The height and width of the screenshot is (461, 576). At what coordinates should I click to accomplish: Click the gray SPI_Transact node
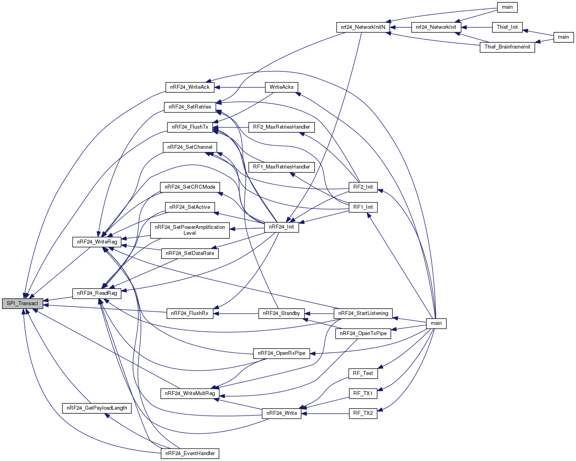(22, 304)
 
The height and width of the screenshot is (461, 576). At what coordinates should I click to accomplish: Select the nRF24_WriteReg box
(97, 242)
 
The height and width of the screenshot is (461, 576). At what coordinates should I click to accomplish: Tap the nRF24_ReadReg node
(97, 293)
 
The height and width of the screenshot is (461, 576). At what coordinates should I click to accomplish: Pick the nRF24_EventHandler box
(190, 454)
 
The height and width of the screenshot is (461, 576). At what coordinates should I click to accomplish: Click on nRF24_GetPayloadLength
(97, 408)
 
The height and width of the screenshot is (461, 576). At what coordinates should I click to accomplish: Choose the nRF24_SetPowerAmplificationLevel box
(189, 230)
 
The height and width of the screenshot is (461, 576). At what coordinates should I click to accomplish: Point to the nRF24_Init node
(281, 227)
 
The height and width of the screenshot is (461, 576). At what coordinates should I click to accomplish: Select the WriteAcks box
(281, 87)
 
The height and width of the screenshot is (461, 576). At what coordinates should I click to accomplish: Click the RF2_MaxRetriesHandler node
(281, 127)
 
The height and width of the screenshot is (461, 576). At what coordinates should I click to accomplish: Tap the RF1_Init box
(363, 207)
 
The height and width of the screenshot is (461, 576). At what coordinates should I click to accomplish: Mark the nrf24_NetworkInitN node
(363, 27)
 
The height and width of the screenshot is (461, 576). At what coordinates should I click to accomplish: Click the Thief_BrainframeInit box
(507, 47)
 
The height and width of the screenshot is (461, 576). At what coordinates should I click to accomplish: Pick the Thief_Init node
(507, 27)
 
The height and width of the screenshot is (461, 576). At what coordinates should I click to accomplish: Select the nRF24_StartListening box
(363, 313)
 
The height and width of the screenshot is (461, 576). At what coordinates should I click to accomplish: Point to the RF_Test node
(363, 373)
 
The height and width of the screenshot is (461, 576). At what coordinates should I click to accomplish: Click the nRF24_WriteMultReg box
(190, 394)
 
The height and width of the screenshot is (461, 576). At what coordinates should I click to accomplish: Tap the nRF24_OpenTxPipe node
(363, 334)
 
